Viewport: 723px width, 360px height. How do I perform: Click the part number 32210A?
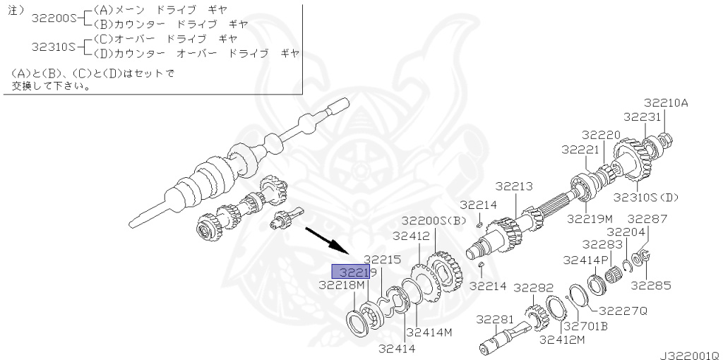click(666, 103)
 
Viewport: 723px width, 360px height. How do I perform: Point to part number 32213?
click(514, 186)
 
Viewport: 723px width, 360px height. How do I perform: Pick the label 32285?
click(651, 286)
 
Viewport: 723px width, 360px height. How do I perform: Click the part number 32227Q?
click(624, 311)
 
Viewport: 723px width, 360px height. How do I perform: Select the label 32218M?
click(342, 286)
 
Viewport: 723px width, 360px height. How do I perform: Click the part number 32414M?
click(430, 332)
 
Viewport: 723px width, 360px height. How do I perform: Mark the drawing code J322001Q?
click(691, 355)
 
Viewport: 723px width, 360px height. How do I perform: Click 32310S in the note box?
click(53, 47)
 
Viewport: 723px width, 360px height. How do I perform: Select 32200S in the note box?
click(53, 18)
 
